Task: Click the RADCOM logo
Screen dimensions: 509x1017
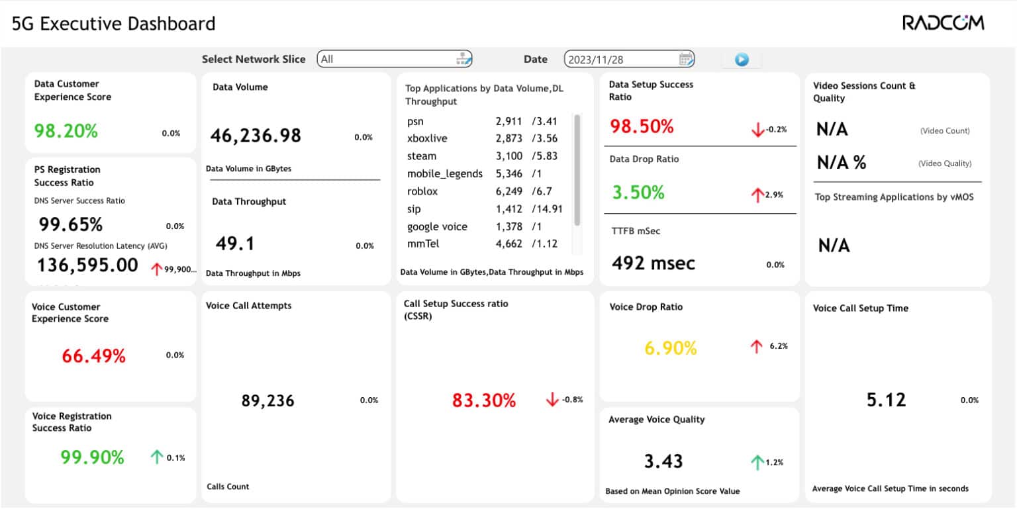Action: [943, 23]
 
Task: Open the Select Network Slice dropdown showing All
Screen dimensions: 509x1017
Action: [394, 59]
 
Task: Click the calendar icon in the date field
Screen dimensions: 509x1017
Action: [686, 59]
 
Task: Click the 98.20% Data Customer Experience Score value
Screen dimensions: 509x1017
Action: [66, 131]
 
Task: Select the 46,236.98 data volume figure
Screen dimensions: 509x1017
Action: [256, 136]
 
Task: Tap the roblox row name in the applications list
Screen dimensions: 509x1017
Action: [422, 191]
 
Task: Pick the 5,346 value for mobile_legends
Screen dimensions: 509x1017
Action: [508, 174]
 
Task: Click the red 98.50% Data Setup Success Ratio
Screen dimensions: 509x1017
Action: [641, 126]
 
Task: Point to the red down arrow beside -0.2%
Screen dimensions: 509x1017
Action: [757, 130]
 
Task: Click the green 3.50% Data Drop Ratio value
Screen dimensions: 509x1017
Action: [638, 193]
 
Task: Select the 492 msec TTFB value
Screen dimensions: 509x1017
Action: [653, 263]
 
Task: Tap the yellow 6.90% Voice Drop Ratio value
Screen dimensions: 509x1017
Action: [670, 347]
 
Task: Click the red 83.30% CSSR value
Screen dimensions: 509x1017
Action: [483, 400]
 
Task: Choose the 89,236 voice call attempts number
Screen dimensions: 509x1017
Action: [267, 400]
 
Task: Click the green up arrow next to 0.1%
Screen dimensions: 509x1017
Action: [156, 457]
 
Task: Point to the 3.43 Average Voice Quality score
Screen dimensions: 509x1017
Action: [663, 461]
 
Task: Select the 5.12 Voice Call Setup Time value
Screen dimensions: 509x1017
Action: [886, 400]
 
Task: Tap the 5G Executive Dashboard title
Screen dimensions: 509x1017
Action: [114, 24]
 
